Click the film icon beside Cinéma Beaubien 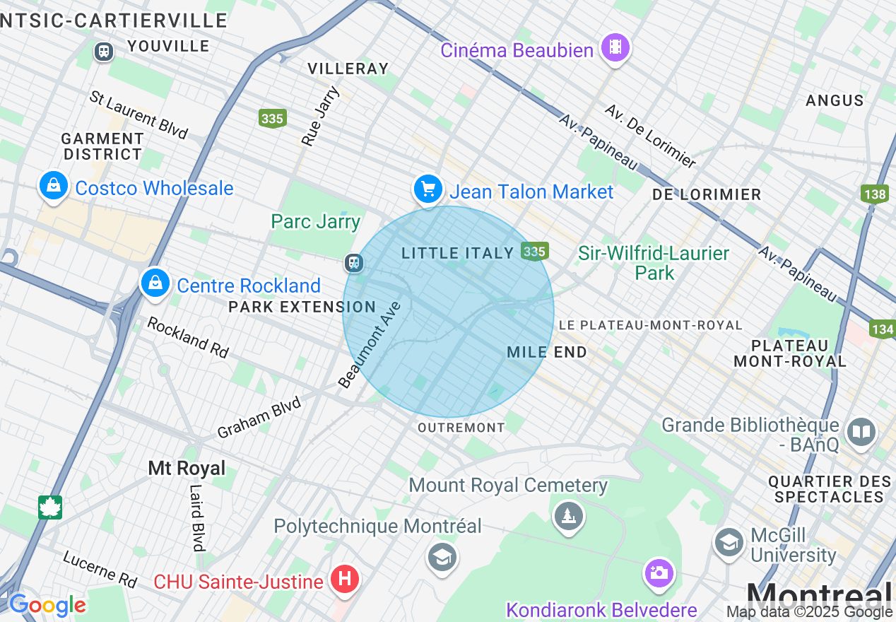(x=615, y=47)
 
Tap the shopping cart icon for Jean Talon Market (x=428, y=189)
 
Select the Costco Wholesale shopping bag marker (x=53, y=186)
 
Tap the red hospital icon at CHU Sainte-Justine (x=345, y=580)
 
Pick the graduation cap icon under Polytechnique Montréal (x=442, y=558)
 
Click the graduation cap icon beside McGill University (x=729, y=543)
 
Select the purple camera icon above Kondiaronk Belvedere (x=658, y=573)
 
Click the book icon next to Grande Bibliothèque (x=861, y=433)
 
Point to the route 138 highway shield (x=874, y=194)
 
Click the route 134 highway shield (x=883, y=329)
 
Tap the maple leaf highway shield (x=50, y=507)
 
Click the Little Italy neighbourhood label (x=457, y=253)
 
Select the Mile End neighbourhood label (x=547, y=352)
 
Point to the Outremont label (x=461, y=428)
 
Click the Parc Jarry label (x=316, y=221)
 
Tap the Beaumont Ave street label (x=370, y=345)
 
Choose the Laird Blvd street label (x=197, y=517)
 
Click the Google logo (x=47, y=605)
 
